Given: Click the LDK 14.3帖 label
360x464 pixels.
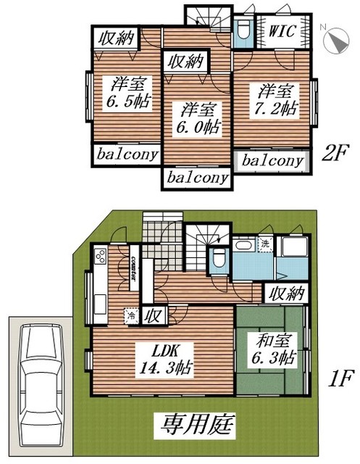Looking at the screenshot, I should tap(165, 359).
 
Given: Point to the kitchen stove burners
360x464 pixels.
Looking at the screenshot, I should tap(100, 256).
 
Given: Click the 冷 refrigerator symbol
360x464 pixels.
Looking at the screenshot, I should tap(130, 315).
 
